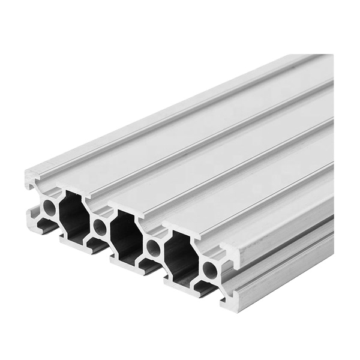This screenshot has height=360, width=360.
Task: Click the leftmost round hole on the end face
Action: tap(49, 208)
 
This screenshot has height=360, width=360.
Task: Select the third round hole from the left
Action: tap(154, 248)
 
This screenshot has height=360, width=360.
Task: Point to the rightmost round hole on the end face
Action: tap(209, 269)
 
